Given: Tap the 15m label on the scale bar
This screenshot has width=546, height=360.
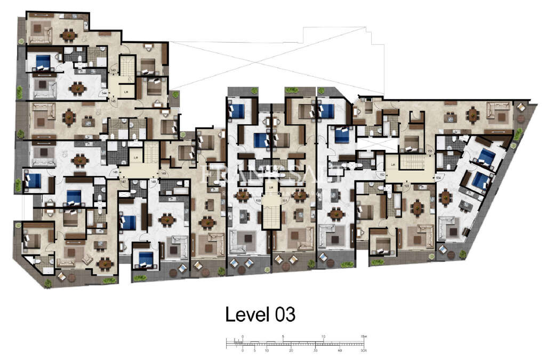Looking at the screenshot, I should (x=364, y=337).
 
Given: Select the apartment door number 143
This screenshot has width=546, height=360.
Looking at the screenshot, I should (x=113, y=70).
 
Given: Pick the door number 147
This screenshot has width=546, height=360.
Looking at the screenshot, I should (x=123, y=182).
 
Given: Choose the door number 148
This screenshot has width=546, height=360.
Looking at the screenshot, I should (x=154, y=182).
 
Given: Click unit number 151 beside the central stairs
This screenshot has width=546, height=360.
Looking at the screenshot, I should (x=285, y=201).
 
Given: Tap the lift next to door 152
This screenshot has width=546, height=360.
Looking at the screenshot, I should (x=394, y=164).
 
